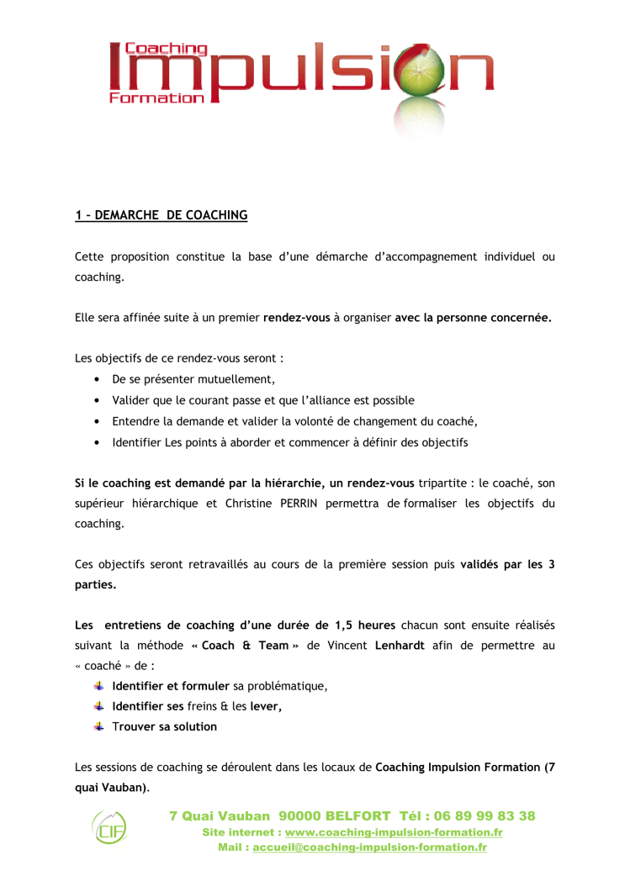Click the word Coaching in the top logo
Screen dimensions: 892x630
point(166,50)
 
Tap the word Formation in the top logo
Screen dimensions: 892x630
point(156,98)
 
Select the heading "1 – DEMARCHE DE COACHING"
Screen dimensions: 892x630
point(161,215)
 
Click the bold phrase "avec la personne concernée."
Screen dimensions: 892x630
point(473,319)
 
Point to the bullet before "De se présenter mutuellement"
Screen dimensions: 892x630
point(98,380)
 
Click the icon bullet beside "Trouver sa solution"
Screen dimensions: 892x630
point(99,726)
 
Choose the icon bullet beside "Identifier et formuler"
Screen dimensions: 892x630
point(99,685)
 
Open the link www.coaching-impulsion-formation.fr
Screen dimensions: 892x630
point(394,832)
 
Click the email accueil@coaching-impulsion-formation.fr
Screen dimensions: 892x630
point(369,847)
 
